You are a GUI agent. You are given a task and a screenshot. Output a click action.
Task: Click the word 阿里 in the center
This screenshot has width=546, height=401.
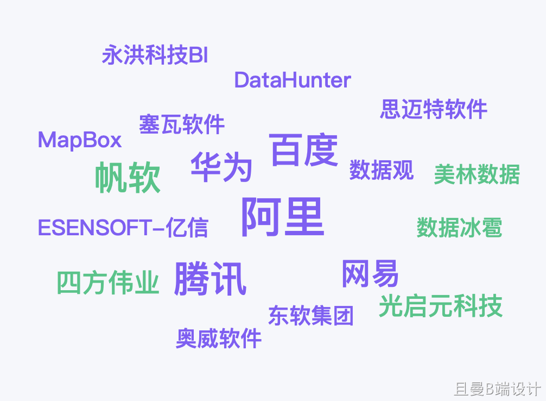click(282, 217)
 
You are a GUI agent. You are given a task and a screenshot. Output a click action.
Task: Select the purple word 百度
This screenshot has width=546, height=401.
click(304, 150)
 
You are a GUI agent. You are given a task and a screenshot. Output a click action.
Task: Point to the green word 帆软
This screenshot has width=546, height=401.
click(128, 177)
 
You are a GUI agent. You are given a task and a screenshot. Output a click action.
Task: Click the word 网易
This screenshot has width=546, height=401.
click(370, 273)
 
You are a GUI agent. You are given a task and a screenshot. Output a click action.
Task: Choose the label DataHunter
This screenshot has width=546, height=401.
click(293, 80)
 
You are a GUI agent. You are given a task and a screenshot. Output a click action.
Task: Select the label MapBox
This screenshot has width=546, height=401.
click(80, 140)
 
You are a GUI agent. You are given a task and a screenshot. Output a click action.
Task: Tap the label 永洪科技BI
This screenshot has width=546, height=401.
click(155, 55)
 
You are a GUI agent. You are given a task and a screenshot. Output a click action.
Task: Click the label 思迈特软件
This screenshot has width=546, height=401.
click(433, 109)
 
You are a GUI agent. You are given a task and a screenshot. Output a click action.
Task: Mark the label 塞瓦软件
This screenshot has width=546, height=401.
click(181, 124)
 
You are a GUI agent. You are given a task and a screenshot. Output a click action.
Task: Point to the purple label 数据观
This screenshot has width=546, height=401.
click(381, 170)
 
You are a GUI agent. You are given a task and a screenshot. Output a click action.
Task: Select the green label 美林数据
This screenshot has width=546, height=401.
click(477, 174)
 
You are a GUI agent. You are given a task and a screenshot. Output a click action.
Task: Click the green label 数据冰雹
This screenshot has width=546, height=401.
click(459, 228)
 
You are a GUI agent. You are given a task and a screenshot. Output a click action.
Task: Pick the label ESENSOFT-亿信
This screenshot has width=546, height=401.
click(123, 228)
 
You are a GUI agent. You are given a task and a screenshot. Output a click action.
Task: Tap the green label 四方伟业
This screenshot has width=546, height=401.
click(108, 283)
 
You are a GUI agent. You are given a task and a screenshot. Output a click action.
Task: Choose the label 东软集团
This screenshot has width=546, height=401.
click(310, 315)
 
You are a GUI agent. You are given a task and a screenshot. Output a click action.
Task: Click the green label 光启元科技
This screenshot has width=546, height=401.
click(440, 306)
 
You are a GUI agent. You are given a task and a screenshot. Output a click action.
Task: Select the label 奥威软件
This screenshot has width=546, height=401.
click(219, 339)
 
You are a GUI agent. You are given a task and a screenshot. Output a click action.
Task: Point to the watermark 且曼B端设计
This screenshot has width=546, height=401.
click(497, 389)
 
